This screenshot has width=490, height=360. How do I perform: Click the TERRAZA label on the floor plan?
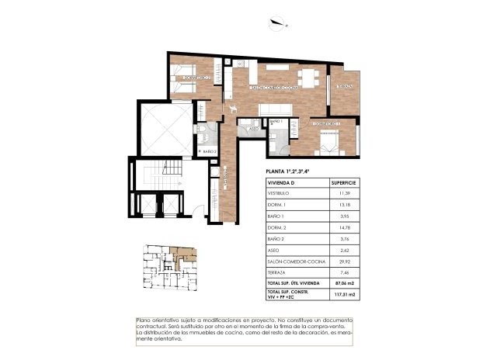pos(346,86)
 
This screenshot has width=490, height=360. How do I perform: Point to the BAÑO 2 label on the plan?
pos(207,151)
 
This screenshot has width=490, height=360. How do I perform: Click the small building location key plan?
pos(168,268)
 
